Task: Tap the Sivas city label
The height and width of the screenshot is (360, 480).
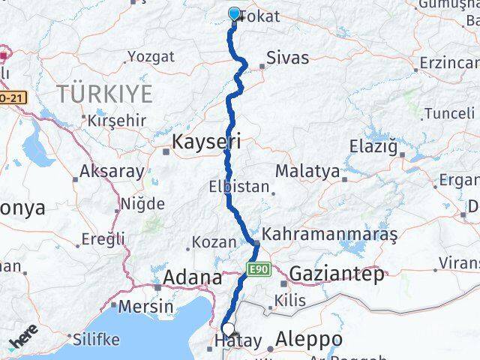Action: pos(287,57)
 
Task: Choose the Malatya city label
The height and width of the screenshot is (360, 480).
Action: pos(307,171)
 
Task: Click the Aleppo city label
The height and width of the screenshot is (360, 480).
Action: pos(309,340)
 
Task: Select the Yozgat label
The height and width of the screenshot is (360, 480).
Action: pos(151,56)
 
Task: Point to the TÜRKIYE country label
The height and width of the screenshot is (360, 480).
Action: pos(105,94)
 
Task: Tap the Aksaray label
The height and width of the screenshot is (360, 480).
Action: pos(112,172)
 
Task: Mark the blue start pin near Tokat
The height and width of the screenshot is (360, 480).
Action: pos(233,14)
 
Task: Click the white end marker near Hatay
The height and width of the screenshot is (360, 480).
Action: pos(228,328)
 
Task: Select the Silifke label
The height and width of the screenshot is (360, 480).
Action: pos(96,339)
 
